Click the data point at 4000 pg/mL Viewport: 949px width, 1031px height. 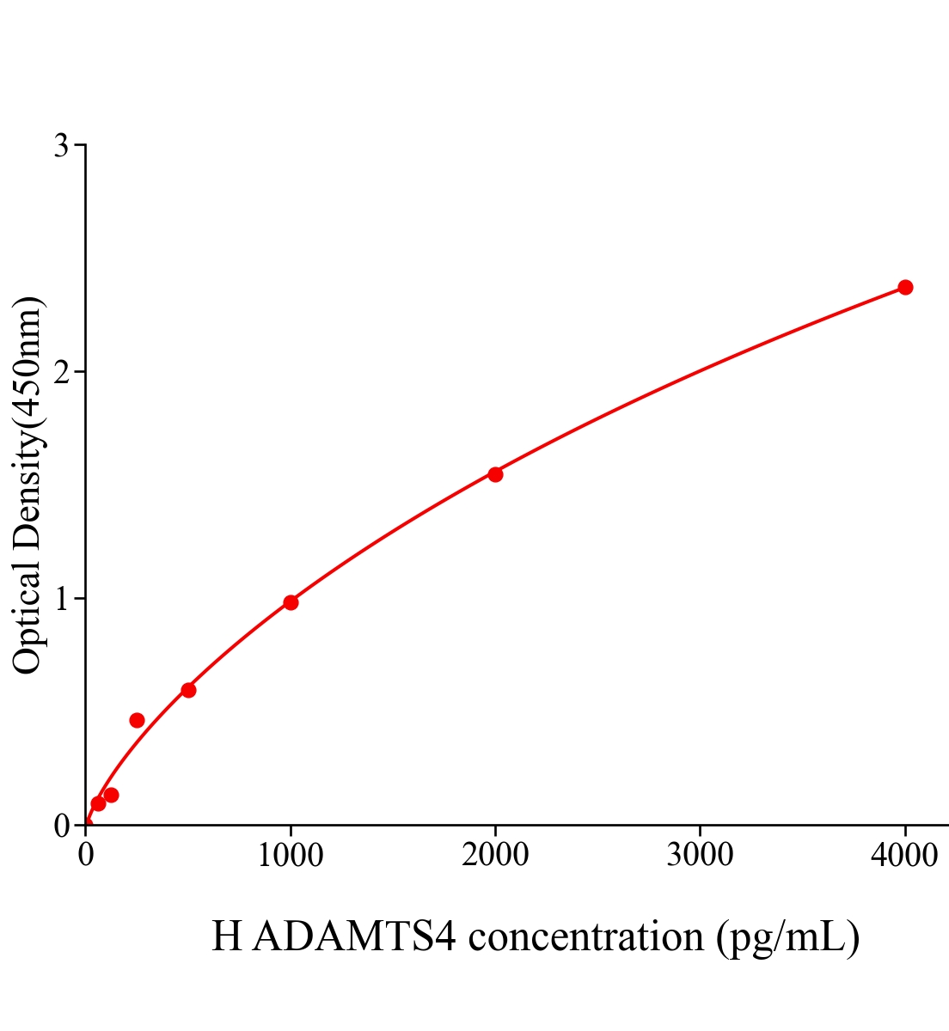(904, 287)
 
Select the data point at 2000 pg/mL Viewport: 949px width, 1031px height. (495, 474)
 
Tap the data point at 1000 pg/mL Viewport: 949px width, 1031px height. (291, 602)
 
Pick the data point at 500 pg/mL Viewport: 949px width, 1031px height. (188, 690)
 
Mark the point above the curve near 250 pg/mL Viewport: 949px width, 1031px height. (137, 720)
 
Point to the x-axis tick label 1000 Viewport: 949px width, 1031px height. (291, 855)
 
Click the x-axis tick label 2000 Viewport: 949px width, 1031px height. (495, 855)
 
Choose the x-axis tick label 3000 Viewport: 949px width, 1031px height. (700, 855)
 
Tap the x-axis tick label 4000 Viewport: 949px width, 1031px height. (904, 855)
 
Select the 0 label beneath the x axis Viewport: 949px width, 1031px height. (86, 855)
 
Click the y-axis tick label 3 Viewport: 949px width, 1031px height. (61, 146)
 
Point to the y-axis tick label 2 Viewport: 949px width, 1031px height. (61, 372)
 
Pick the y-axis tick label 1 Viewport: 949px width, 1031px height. (61, 599)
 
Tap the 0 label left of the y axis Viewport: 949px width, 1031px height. (61, 826)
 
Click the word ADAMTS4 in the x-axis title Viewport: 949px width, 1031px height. (358, 936)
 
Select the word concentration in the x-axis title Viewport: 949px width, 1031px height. (585, 936)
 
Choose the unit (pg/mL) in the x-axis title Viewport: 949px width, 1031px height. (787, 937)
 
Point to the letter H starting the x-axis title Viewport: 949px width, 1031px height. (227, 936)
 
